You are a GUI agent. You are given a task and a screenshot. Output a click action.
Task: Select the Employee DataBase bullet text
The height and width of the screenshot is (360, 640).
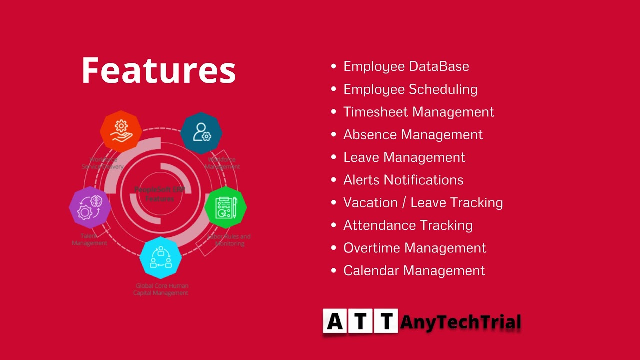[406, 66]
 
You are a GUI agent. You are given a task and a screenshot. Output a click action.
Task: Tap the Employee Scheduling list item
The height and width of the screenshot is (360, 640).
[410, 89]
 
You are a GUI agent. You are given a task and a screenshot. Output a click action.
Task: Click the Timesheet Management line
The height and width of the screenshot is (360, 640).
[418, 112]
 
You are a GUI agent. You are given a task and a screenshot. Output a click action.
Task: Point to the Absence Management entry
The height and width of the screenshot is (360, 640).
[413, 135]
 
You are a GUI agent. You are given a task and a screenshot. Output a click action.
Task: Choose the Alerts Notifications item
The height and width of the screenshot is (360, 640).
[403, 180]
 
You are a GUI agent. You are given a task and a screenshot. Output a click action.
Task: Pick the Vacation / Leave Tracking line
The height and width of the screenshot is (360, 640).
[423, 202]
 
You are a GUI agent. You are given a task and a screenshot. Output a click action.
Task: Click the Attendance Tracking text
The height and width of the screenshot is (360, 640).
[408, 225]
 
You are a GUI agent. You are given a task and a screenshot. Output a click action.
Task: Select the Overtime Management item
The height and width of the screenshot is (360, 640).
[414, 248]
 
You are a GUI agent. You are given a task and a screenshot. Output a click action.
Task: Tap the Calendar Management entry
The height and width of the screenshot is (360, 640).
[414, 271]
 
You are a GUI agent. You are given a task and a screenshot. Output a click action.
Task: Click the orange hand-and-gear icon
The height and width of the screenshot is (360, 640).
[121, 131]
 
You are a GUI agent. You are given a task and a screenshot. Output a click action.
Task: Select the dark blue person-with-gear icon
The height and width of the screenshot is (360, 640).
[201, 133]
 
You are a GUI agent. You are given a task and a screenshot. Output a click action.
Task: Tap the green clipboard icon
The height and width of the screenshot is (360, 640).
[225, 207]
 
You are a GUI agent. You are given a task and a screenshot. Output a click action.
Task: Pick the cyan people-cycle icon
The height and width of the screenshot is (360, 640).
[160, 257]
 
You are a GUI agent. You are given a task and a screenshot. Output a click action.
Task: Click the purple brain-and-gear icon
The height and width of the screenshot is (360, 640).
[90, 207]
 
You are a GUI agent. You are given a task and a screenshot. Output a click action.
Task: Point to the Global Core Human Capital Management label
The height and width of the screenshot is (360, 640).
[161, 289]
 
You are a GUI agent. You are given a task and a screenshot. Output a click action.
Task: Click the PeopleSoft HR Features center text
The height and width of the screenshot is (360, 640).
[160, 194]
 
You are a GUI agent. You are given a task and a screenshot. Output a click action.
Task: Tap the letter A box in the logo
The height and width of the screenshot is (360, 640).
[335, 321]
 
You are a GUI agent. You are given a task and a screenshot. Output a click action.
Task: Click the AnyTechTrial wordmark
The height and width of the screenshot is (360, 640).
[460, 322]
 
